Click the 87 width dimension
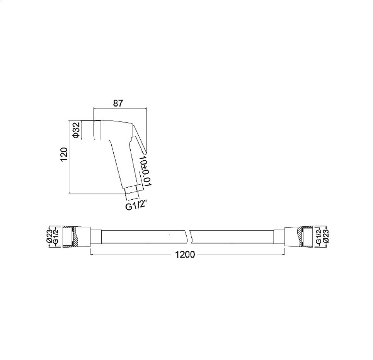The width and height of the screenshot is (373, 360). coord(118,104)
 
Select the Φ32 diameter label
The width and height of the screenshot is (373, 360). coord(76,130)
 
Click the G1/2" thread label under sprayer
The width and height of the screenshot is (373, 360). coord(135,207)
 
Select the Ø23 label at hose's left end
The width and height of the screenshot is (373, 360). coord(49,236)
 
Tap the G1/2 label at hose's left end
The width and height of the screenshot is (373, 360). coord(55,236)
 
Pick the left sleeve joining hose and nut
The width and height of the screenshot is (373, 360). coord(96,236)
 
